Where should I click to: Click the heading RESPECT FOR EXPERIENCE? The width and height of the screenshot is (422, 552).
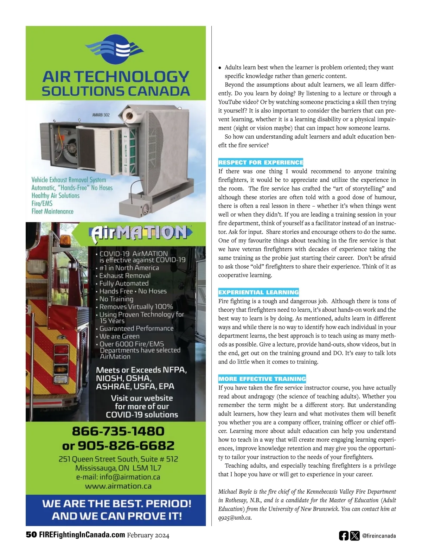[261, 163]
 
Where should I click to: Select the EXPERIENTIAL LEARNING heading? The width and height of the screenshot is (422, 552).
[258, 292]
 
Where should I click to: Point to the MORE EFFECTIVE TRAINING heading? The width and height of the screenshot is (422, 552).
[262, 379]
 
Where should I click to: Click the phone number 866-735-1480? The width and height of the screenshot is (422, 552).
[118, 431]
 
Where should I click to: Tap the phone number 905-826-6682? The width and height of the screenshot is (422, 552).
[126, 446]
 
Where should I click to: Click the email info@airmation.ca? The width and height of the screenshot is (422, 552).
[130, 477]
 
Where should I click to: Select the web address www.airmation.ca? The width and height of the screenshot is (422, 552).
[118, 486]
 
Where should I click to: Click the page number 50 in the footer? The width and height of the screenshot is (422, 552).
[31, 535]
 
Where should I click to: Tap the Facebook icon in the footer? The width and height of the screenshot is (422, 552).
[344, 536]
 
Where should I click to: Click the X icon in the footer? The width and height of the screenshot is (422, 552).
[355, 536]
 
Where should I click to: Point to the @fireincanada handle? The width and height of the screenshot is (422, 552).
[379, 536]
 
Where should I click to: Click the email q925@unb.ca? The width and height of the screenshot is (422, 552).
[235, 518]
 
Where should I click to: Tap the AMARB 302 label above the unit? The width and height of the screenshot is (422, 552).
[101, 115]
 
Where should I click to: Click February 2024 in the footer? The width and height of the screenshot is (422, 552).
[148, 535]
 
